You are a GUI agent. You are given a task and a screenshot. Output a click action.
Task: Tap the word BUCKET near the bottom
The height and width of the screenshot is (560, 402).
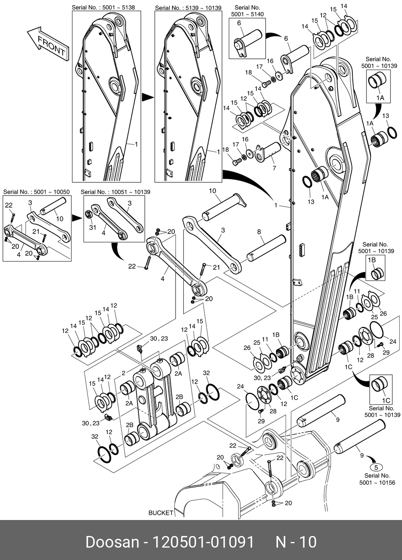pos(161,513)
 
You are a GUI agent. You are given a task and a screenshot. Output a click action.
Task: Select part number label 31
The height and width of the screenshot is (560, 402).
pos(93,227)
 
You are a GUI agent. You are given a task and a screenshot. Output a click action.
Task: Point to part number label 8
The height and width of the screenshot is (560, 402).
pos(259,232)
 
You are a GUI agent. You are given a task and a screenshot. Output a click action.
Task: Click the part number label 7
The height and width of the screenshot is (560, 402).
pos(274,168)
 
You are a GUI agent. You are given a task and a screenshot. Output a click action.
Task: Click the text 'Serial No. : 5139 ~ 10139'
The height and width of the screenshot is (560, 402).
pos(188,8)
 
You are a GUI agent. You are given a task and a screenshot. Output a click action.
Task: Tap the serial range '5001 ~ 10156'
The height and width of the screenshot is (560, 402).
pos(377,483)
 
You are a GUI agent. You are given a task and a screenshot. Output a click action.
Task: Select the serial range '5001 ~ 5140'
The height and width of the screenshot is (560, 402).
pos(247,14)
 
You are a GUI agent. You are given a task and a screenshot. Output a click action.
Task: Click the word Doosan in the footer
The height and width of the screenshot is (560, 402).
pos(111,542)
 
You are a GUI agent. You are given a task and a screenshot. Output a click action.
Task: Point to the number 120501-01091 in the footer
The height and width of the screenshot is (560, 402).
pos(201,542)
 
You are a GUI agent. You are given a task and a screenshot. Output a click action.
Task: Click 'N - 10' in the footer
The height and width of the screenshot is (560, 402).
pos(296,542)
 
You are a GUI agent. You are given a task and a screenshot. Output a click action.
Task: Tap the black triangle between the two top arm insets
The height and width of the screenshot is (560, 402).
pos(148,97)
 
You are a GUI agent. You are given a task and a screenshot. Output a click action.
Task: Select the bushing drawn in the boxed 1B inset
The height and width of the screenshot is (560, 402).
pos(377,274)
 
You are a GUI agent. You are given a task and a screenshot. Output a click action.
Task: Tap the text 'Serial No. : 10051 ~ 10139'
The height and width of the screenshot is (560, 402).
pos(116,192)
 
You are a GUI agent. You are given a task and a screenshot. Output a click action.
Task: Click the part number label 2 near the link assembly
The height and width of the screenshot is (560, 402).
pos(123,373)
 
